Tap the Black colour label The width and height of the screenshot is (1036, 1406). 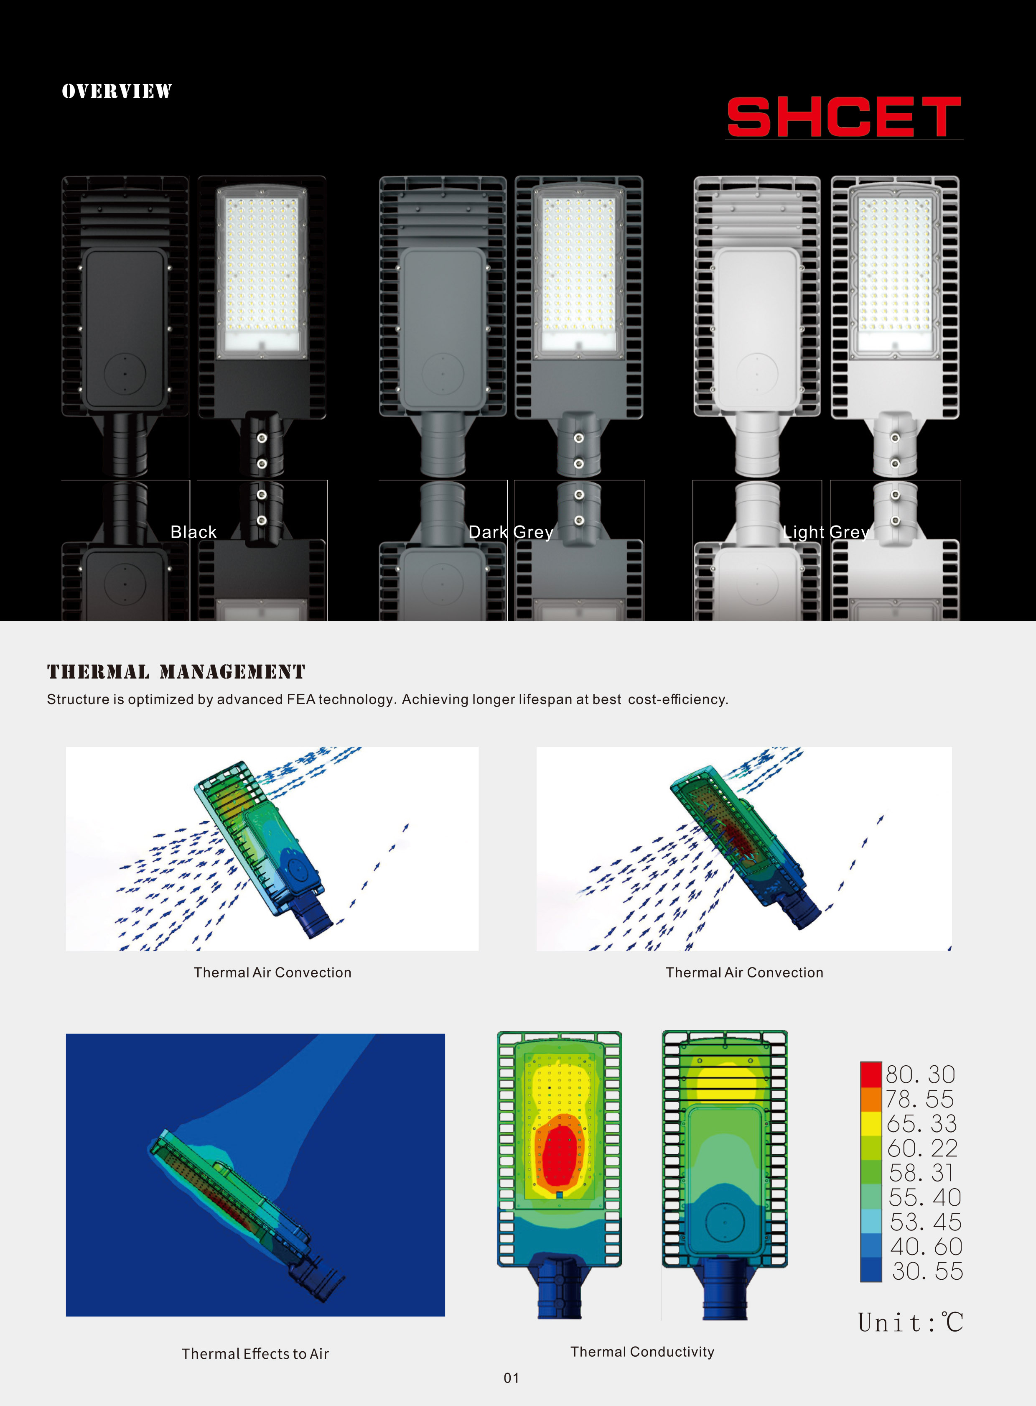193,532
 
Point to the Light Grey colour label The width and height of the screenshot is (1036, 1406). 825,532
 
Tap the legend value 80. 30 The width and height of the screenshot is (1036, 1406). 920,1075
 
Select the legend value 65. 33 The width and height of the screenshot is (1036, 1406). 921,1124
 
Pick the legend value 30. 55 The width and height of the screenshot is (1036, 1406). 927,1271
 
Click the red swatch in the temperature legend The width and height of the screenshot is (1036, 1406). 871,1074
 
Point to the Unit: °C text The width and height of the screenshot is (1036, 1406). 910,1322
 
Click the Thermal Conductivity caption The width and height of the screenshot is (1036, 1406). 642,1352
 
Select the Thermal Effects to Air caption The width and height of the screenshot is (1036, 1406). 255,1354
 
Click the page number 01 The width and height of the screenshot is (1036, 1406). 512,1378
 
